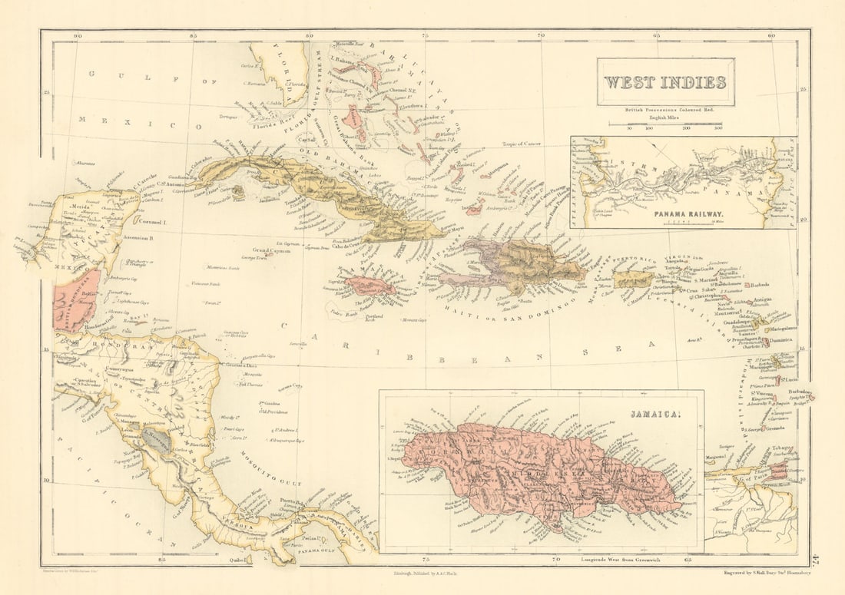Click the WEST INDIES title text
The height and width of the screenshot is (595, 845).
click(665, 81)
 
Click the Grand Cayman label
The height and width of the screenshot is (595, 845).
click(270, 251)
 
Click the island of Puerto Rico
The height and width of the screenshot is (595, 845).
click(634, 279)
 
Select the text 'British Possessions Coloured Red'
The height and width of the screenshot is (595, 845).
click(665, 111)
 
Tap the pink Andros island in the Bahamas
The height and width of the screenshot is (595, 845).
click(352, 117)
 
